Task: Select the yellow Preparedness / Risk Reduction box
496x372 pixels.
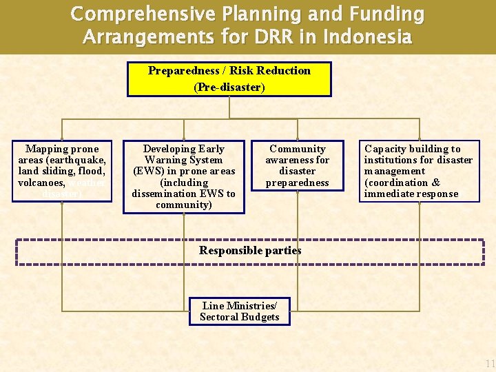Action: [229, 79]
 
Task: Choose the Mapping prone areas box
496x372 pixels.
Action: [62, 172]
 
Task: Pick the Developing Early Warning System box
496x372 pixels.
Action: [183, 177]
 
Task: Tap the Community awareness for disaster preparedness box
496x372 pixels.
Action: [298, 166]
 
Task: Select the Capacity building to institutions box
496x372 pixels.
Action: [419, 172]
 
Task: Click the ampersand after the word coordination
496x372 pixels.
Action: [435, 183]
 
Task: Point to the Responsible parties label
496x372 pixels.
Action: [250, 251]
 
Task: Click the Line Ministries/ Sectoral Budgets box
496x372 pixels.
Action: [240, 311]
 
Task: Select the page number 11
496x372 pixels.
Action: [489, 364]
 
